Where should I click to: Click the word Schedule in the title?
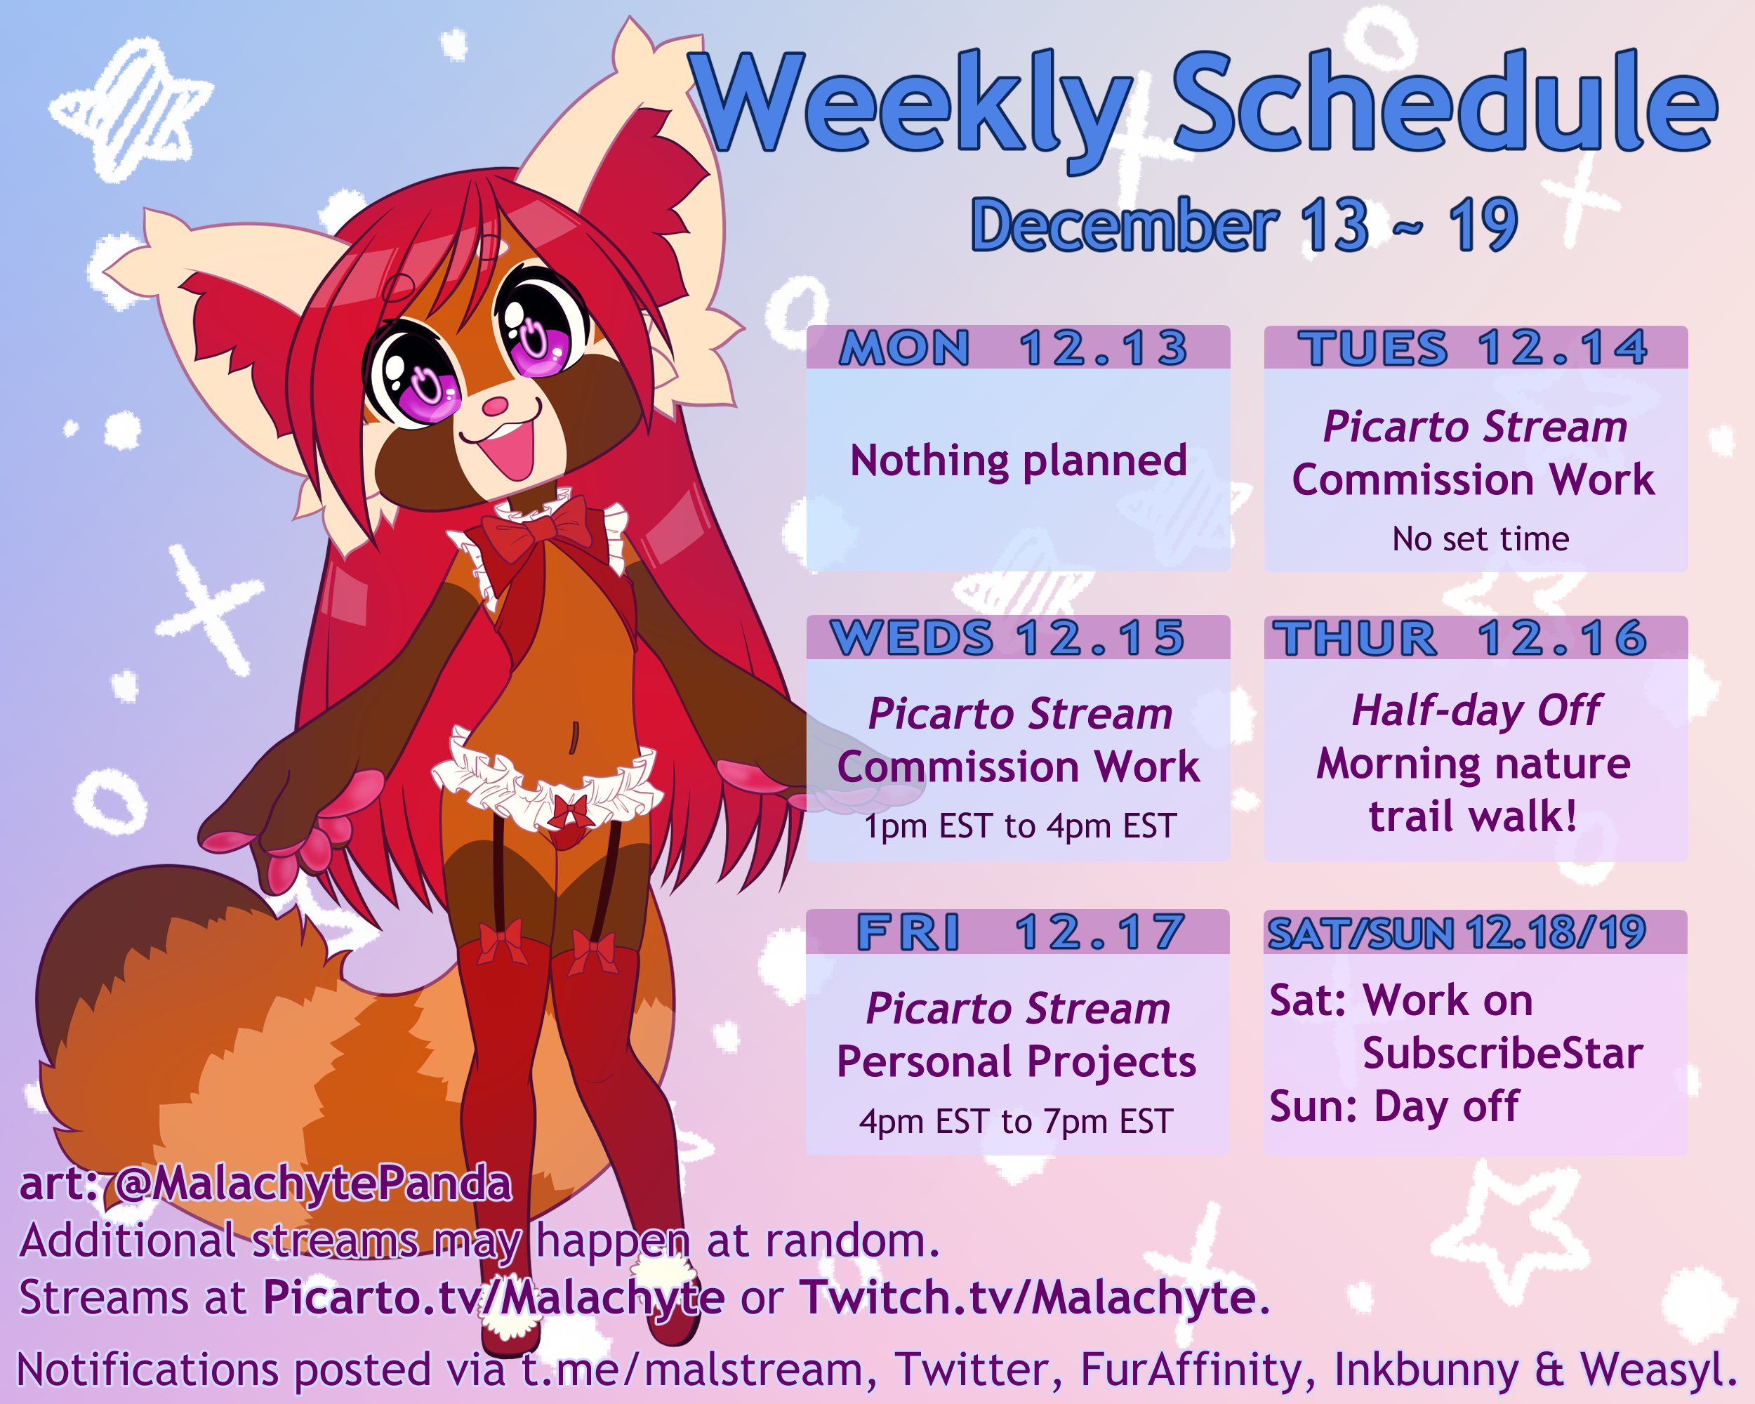click(x=1444, y=102)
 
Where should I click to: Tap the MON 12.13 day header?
click(x=1014, y=348)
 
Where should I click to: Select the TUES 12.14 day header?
click(x=1473, y=348)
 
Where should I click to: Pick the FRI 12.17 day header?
click(x=1021, y=933)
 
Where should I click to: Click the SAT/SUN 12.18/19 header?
click(x=1457, y=933)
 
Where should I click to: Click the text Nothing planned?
click(x=1019, y=461)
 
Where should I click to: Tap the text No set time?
click(x=1481, y=539)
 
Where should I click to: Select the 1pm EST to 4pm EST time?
click(x=1020, y=826)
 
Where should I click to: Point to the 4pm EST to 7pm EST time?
click(x=1016, y=1122)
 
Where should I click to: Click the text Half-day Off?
click(x=1476, y=710)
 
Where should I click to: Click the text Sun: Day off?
click(x=1394, y=1107)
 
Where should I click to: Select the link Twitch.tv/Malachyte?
click(x=1027, y=1297)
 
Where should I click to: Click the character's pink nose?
click(x=494, y=405)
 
